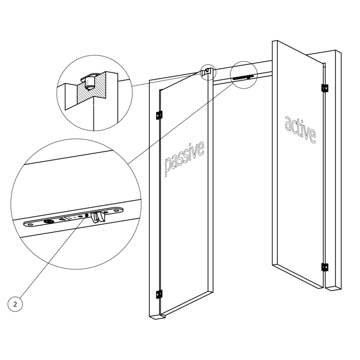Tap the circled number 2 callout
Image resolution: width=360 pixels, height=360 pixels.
(15, 304)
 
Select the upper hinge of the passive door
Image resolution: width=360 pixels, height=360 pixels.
(159, 115)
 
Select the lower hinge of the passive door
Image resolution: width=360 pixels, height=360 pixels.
(159, 294)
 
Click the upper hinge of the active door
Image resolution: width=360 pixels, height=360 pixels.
(324, 88)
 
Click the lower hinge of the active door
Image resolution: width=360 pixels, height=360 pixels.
(324, 267)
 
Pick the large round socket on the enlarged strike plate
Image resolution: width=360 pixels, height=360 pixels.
(47, 221)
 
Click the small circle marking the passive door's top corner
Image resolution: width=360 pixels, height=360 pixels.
(208, 72)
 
